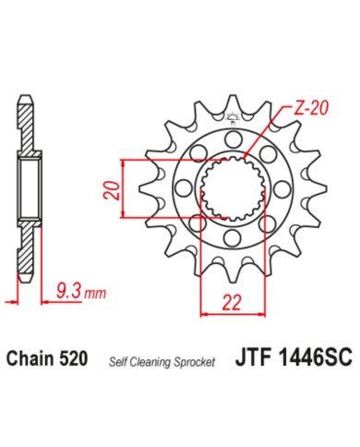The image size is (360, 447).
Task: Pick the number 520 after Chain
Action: [x=75, y=358]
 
